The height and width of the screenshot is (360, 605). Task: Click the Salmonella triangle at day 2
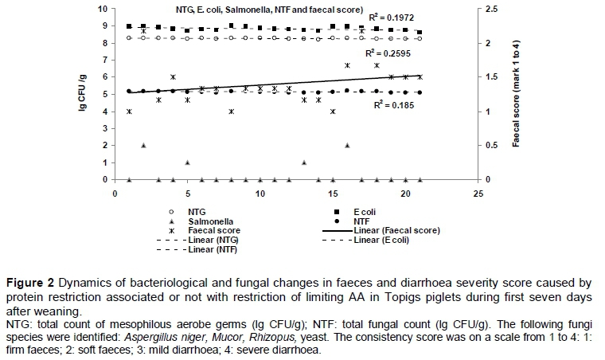click(x=143, y=146)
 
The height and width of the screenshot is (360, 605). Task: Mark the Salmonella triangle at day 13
click(x=304, y=162)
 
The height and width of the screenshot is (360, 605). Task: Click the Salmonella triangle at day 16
click(x=347, y=146)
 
